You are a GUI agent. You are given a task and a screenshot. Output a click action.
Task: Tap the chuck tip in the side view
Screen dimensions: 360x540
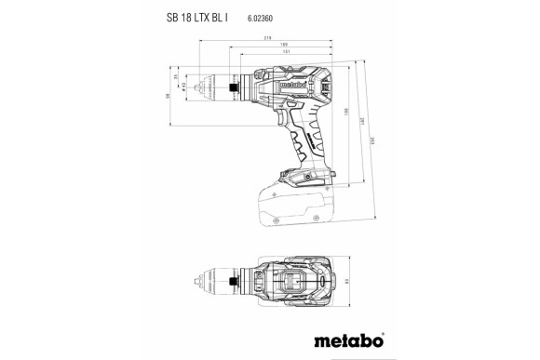(201, 88)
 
